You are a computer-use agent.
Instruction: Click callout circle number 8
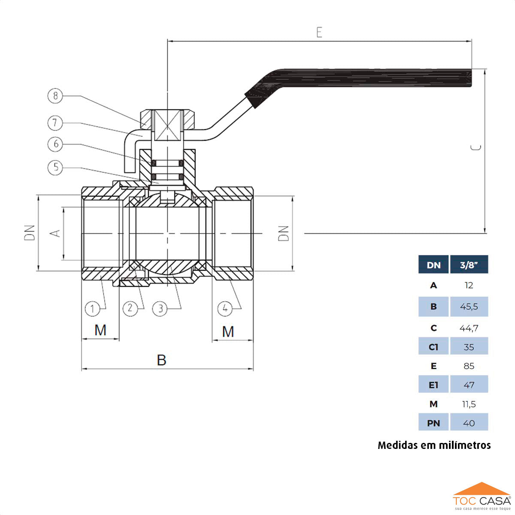(55, 96)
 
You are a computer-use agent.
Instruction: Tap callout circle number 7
(55, 123)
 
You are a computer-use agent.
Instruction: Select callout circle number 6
(55, 144)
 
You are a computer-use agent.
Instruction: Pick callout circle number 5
(55, 167)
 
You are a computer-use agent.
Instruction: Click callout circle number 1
(92, 309)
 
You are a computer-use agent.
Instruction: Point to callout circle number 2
(130, 308)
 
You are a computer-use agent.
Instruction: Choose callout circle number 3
(160, 309)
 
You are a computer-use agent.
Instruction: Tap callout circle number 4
(225, 308)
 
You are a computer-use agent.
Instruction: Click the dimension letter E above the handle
(319, 33)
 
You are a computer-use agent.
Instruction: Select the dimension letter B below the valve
(161, 360)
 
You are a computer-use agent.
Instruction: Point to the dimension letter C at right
(476, 148)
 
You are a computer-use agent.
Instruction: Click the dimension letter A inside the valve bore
(55, 233)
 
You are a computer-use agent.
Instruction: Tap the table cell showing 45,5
(469, 307)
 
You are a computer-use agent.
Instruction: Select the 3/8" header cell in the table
(469, 265)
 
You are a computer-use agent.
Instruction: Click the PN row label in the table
(433, 423)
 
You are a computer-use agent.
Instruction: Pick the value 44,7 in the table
(469, 328)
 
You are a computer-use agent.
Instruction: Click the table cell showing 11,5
(469, 404)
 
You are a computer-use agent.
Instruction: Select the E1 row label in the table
(433, 385)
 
